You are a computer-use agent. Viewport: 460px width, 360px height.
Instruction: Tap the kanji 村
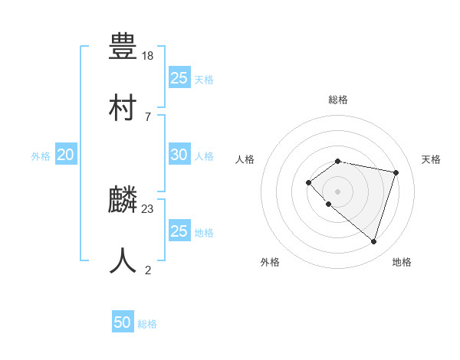[123, 106]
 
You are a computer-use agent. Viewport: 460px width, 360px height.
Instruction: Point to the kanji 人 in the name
[123, 260]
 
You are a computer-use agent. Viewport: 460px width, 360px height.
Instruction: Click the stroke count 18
[148, 56]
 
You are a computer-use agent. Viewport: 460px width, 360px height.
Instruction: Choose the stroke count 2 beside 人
[148, 270]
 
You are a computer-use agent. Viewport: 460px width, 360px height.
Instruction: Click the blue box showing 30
[179, 155]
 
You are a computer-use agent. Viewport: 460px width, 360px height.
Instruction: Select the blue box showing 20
[65, 155]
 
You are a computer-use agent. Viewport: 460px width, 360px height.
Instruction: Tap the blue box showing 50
[123, 322]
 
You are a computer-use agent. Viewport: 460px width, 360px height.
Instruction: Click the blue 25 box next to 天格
[179, 78]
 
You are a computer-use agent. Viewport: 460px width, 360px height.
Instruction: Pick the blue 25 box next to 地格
[179, 231]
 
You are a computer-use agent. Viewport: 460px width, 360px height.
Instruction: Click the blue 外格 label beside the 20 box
[41, 156]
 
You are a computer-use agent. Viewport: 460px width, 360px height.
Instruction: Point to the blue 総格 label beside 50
[147, 324]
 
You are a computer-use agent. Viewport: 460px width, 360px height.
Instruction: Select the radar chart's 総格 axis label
[338, 100]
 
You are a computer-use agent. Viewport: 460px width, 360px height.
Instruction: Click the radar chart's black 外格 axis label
[270, 262]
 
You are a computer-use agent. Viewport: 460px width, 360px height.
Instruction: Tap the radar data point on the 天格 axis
[396, 172]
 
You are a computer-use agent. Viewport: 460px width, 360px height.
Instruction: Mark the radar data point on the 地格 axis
[373, 241]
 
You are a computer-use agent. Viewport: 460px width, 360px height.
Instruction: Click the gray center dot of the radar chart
[338, 191]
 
